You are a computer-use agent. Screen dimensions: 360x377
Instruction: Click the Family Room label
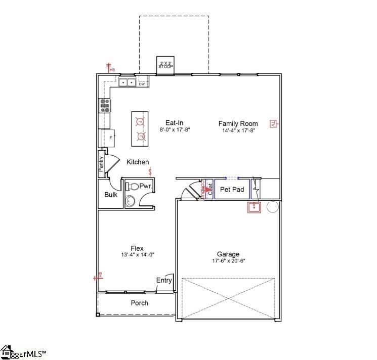238,123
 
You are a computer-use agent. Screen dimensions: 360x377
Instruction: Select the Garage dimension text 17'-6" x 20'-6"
228,261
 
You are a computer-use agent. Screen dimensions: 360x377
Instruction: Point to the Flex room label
137,248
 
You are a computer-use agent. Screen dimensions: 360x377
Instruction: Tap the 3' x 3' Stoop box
165,64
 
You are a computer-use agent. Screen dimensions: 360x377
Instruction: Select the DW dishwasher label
142,84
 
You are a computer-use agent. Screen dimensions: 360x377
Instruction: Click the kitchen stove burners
105,105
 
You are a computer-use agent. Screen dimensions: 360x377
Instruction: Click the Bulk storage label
111,195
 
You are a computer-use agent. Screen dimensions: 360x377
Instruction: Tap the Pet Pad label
232,190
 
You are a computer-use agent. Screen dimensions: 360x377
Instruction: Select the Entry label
164,281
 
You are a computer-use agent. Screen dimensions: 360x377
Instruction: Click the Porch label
140,303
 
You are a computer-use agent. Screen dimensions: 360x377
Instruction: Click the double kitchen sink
127,82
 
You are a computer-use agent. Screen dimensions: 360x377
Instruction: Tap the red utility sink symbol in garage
254,207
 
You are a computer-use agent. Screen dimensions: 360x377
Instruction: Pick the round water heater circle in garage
273,207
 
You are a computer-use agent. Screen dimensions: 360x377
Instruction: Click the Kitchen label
138,162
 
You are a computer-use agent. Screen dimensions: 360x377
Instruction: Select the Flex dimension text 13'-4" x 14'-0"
137,255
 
